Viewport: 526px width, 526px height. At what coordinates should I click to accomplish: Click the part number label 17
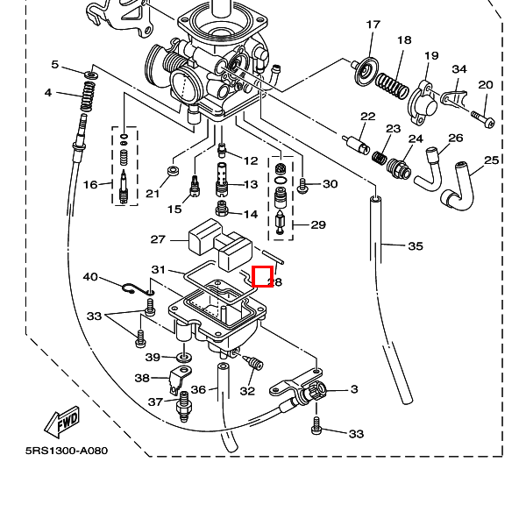[x=373, y=24]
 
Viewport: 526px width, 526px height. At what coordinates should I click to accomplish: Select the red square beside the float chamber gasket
[x=262, y=276]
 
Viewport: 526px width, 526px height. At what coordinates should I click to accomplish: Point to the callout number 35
[x=416, y=246]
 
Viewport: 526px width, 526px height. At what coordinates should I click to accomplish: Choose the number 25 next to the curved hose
[x=492, y=160]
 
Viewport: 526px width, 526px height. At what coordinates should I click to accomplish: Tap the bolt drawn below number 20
[x=482, y=115]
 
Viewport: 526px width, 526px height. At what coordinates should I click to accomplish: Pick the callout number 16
[x=90, y=184]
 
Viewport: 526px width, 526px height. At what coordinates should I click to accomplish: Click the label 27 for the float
[x=158, y=239]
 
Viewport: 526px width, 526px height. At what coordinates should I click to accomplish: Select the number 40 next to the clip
[x=90, y=277]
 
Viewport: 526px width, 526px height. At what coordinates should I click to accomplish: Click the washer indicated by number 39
[x=183, y=358]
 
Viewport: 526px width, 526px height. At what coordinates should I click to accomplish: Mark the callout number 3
[x=354, y=388]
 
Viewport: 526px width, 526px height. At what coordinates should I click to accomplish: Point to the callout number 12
[x=252, y=160]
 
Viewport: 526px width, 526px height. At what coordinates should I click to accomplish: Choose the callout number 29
[x=317, y=225]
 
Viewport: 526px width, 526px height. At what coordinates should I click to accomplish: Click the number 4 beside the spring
[x=48, y=93]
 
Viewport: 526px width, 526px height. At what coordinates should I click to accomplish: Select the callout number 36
[x=198, y=390]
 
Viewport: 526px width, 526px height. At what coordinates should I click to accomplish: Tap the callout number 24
[x=416, y=139]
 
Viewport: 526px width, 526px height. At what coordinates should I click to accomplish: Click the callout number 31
[x=158, y=269]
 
